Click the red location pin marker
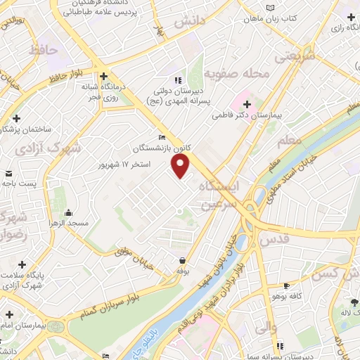pos(181,166)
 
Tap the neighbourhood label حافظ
pos(44,51)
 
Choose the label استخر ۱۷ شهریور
pos(127,164)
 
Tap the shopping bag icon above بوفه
pos(181,260)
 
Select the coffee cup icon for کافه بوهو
pos(286,285)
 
